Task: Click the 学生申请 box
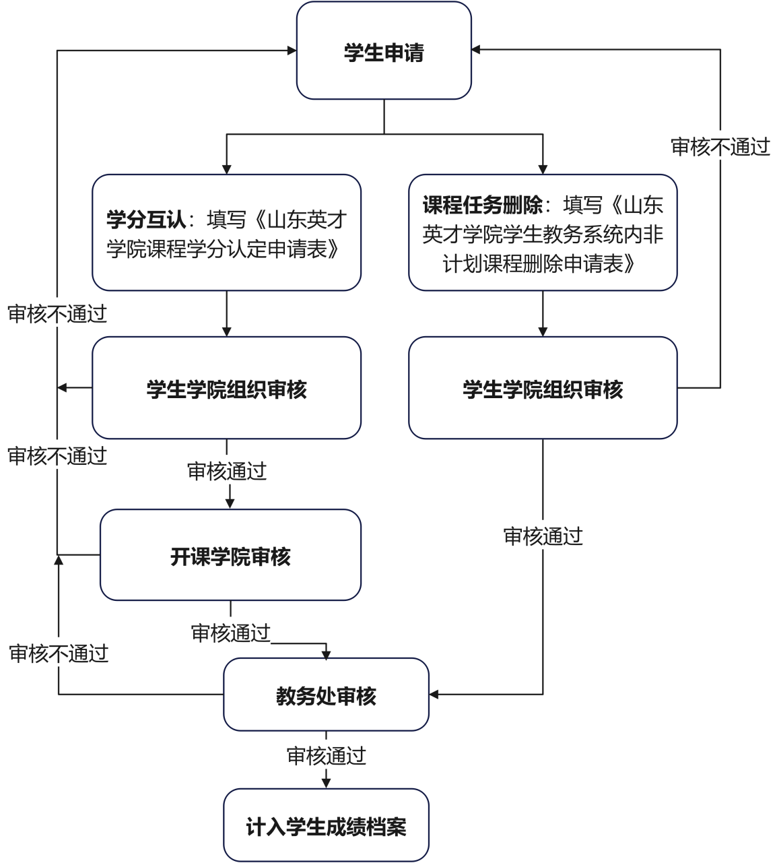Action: [384, 51]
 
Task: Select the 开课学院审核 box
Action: [230, 555]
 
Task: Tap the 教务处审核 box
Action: [326, 695]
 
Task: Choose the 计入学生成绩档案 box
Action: [326, 825]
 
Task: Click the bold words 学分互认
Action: [146, 220]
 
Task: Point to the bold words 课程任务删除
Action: [483, 205]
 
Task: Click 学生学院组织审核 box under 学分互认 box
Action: [227, 387]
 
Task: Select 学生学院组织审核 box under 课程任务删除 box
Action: [543, 387]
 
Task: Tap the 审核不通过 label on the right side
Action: [720, 147]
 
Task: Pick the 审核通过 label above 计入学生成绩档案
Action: [326, 756]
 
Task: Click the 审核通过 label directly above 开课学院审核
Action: [227, 471]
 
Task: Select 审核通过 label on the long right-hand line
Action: [543, 536]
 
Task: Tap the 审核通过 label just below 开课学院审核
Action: [230, 633]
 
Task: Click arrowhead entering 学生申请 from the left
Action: [292, 51]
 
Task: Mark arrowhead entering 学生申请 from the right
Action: [476, 49]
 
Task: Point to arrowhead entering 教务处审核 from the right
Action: [434, 695]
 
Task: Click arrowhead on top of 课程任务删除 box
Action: [543, 170]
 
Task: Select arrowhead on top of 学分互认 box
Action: [227, 170]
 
